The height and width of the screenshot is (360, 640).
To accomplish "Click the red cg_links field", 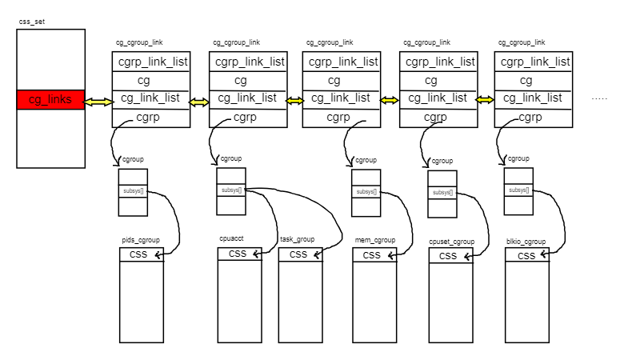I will tap(50, 100).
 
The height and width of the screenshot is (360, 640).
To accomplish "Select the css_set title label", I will tap(31, 21).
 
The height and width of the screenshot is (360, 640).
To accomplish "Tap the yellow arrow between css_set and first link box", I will tap(98, 102).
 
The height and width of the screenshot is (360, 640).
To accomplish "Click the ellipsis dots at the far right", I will tap(599, 98).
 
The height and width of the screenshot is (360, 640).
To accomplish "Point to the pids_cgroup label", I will tap(141, 240).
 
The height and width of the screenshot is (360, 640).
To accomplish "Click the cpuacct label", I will tap(233, 238).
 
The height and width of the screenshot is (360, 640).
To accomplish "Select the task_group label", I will tap(298, 239).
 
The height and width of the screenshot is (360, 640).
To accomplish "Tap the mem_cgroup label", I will tap(375, 240).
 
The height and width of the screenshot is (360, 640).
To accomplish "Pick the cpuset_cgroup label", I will tap(452, 241).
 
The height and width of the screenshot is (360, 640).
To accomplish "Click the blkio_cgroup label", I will tap(526, 241).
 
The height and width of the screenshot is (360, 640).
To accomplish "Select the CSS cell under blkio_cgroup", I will tap(526, 255).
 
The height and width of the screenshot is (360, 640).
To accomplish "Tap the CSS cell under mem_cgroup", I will tap(373, 255).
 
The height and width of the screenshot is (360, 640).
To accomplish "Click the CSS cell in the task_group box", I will tap(298, 254).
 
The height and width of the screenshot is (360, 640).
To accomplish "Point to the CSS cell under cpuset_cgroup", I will tap(449, 256).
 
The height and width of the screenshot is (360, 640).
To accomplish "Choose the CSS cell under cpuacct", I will tap(238, 254).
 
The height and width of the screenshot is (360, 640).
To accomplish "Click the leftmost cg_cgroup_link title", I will tap(139, 42).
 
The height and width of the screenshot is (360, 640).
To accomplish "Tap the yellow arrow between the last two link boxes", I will tap(485, 100).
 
